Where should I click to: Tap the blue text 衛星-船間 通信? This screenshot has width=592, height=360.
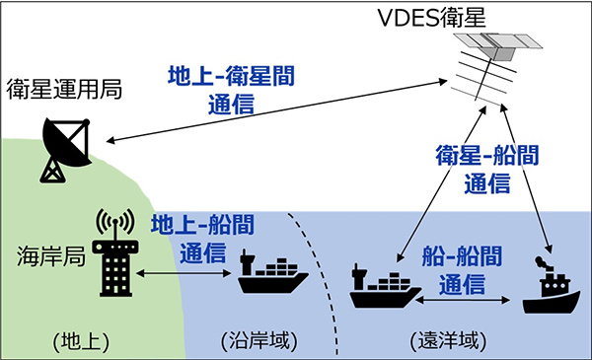click(x=486, y=169)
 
